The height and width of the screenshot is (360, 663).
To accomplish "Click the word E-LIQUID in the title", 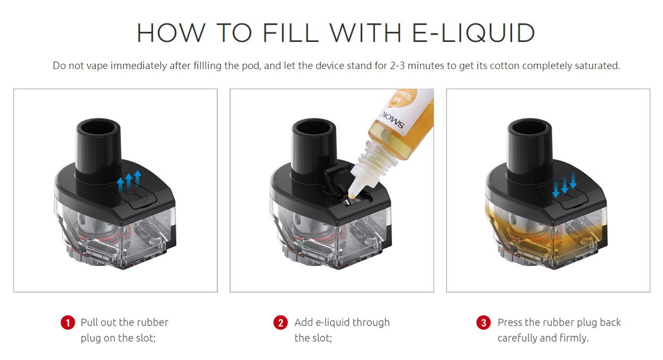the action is [x=473, y=32].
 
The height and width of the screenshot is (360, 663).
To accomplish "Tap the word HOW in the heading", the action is [x=171, y=32].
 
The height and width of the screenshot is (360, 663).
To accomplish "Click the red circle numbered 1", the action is [x=68, y=322].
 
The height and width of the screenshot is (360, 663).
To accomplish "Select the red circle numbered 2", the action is [x=280, y=322].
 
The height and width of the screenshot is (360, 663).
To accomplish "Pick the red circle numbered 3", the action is [x=483, y=322].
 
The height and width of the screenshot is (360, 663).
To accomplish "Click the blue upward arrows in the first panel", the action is [x=129, y=182].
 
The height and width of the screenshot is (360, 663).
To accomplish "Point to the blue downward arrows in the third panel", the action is [x=565, y=185].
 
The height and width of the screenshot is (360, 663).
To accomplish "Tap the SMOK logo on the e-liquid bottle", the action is [x=393, y=120].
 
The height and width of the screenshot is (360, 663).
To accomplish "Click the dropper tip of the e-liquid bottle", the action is [x=352, y=195].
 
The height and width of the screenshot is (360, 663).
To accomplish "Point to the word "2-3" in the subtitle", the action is [x=397, y=65].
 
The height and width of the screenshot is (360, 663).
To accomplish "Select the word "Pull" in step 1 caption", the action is [x=89, y=322].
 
